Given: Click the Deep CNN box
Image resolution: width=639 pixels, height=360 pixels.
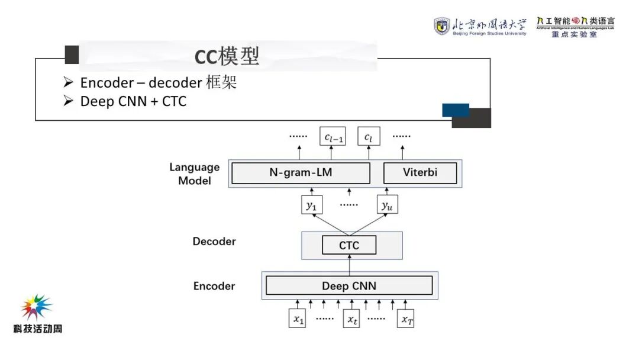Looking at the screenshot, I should coord(349,286).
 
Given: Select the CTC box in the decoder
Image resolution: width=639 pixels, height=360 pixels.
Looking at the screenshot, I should coord(349,245).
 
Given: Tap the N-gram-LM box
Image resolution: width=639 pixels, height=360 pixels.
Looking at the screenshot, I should coord(301,173).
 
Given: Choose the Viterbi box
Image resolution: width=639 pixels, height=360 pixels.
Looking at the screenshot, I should coord(421,173).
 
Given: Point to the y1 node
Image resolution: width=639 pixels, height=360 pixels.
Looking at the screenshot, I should coord(311,205).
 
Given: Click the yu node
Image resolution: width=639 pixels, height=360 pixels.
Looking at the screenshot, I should coord(387,205).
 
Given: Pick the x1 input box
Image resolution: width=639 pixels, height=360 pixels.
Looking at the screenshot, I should coord(297,319).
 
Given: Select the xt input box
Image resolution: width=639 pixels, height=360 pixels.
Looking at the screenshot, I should coord(351,319).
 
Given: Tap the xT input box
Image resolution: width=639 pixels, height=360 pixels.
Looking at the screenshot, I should coord(406,319).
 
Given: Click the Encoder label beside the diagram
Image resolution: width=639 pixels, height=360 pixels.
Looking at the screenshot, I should coord(214,286).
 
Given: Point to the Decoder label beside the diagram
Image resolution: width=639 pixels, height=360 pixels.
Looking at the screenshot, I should coord(214,242).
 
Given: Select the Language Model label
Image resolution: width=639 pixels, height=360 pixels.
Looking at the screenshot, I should coord(195,174).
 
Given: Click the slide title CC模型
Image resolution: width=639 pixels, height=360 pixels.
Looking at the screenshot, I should coord(227,56).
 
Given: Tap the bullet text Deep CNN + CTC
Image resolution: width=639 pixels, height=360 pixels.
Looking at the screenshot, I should coord(133,102).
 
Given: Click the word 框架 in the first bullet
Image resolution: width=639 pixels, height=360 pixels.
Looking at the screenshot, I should coord(221,83).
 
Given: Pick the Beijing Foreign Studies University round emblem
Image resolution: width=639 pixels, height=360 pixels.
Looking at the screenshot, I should coord(441,26).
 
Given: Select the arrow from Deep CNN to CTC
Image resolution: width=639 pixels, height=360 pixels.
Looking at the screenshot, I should coord(349,265).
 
